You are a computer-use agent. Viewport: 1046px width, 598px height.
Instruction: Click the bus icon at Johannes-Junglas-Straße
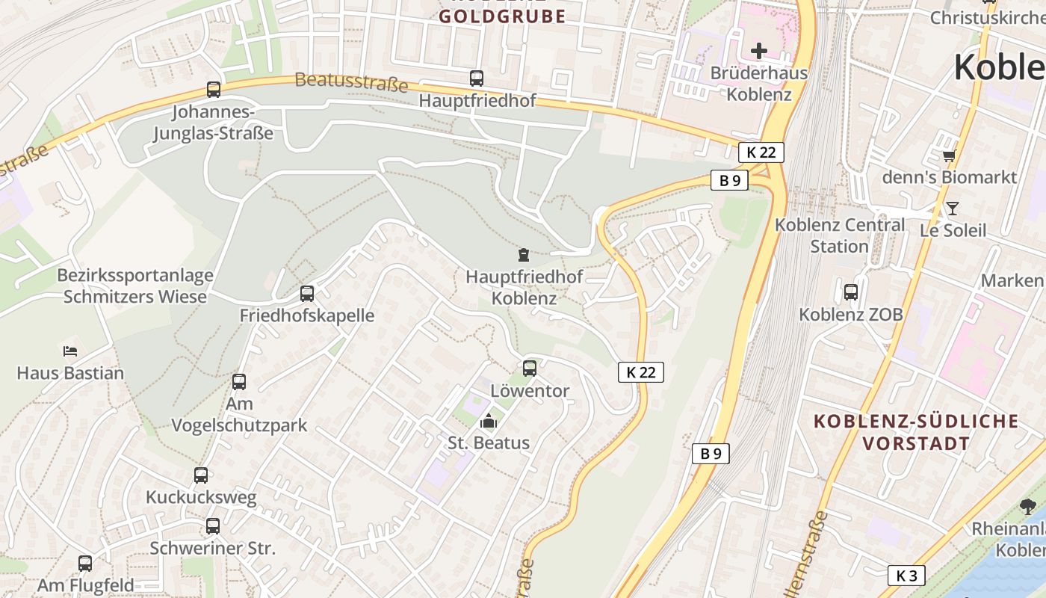(214, 90)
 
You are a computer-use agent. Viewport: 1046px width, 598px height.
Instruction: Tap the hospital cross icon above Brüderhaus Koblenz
(759, 51)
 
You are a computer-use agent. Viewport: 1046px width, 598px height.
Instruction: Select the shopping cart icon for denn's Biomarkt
(949, 155)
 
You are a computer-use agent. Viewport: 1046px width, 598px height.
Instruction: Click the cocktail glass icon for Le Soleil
(953, 208)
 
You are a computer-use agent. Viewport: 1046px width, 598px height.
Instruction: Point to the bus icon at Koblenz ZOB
(851, 292)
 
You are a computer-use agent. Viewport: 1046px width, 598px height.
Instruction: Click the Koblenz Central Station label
(839, 235)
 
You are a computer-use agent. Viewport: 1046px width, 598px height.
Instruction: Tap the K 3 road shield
(906, 576)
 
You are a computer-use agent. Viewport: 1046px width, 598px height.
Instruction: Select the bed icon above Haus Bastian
(70, 350)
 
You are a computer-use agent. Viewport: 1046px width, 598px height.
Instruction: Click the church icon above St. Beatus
(489, 421)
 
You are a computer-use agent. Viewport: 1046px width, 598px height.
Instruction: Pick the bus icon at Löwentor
(530, 368)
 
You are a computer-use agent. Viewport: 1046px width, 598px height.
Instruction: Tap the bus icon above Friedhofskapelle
(307, 293)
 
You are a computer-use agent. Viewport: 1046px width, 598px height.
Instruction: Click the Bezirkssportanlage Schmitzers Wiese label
(135, 286)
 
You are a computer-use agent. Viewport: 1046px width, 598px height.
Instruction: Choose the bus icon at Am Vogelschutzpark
(239, 381)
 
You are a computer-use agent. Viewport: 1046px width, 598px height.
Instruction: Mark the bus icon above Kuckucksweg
(201, 475)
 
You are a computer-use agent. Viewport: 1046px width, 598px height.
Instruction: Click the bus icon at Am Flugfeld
(86, 563)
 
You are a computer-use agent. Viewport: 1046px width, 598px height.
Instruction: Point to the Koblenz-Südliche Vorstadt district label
(916, 431)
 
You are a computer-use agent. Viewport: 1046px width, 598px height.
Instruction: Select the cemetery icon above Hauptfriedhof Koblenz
(523, 255)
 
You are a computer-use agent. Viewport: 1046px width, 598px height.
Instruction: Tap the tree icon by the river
(1028, 506)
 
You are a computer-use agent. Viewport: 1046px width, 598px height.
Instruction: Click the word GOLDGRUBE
(502, 16)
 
